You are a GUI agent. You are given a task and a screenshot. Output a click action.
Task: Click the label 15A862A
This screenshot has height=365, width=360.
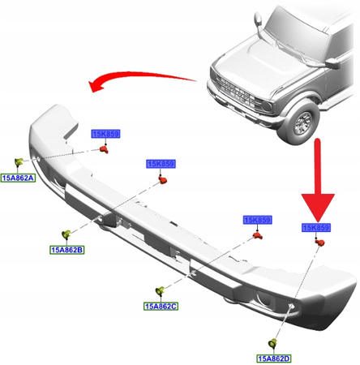coord(18,177)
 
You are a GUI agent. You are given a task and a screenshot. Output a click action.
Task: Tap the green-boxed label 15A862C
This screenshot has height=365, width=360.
coord(161,306)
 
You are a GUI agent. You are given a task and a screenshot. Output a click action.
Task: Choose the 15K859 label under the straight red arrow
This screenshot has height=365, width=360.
coord(317,229)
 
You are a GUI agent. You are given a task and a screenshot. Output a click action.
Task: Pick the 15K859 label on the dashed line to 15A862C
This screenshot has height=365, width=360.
coord(257,220)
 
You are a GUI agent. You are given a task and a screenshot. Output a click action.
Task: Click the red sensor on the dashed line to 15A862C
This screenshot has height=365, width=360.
coord(259,236)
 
